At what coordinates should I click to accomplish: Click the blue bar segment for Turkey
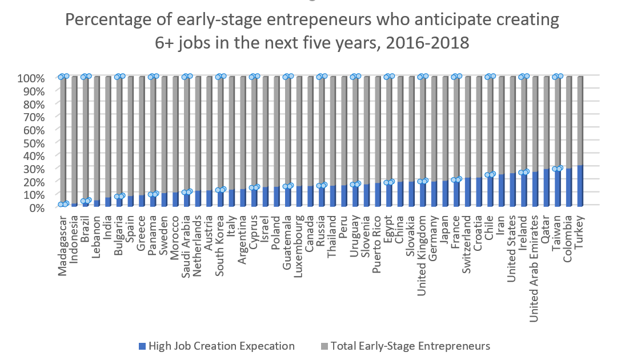(x=580, y=186)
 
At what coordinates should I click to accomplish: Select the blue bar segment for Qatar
(x=547, y=188)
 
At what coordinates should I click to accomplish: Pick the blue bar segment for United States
(x=513, y=190)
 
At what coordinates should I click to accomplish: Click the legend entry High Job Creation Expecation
(x=217, y=346)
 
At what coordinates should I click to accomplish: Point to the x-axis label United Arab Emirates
(x=535, y=259)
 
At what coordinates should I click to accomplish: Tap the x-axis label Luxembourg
(x=298, y=243)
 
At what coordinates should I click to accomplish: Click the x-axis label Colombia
(x=569, y=238)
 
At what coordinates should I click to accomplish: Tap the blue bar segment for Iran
(x=502, y=191)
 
